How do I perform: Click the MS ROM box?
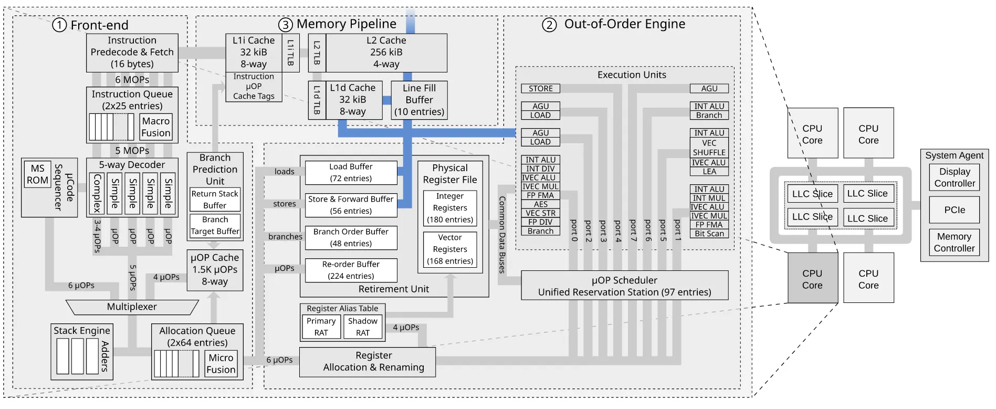pos(37,174)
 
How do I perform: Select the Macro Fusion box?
pos(156,127)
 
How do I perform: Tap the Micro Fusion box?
pos(221,364)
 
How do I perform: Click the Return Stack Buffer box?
pos(215,200)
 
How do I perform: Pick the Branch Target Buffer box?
pos(215,225)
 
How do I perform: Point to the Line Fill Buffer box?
pos(419,100)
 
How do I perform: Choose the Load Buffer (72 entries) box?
pos(351,172)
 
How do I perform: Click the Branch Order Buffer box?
pos(351,237)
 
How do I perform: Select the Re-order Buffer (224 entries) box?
pos(351,270)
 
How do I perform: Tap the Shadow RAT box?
pos(363,327)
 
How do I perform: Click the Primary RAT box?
pos(321,327)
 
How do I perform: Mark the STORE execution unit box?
pos(540,89)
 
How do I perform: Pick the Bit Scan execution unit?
pos(709,234)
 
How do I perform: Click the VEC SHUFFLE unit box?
pos(709,148)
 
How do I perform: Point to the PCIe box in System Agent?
pos(954,210)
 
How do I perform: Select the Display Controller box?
pos(954,177)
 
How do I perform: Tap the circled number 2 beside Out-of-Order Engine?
pos(549,25)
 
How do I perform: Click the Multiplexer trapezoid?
pos(132,307)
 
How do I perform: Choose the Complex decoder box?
pos(97,193)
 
